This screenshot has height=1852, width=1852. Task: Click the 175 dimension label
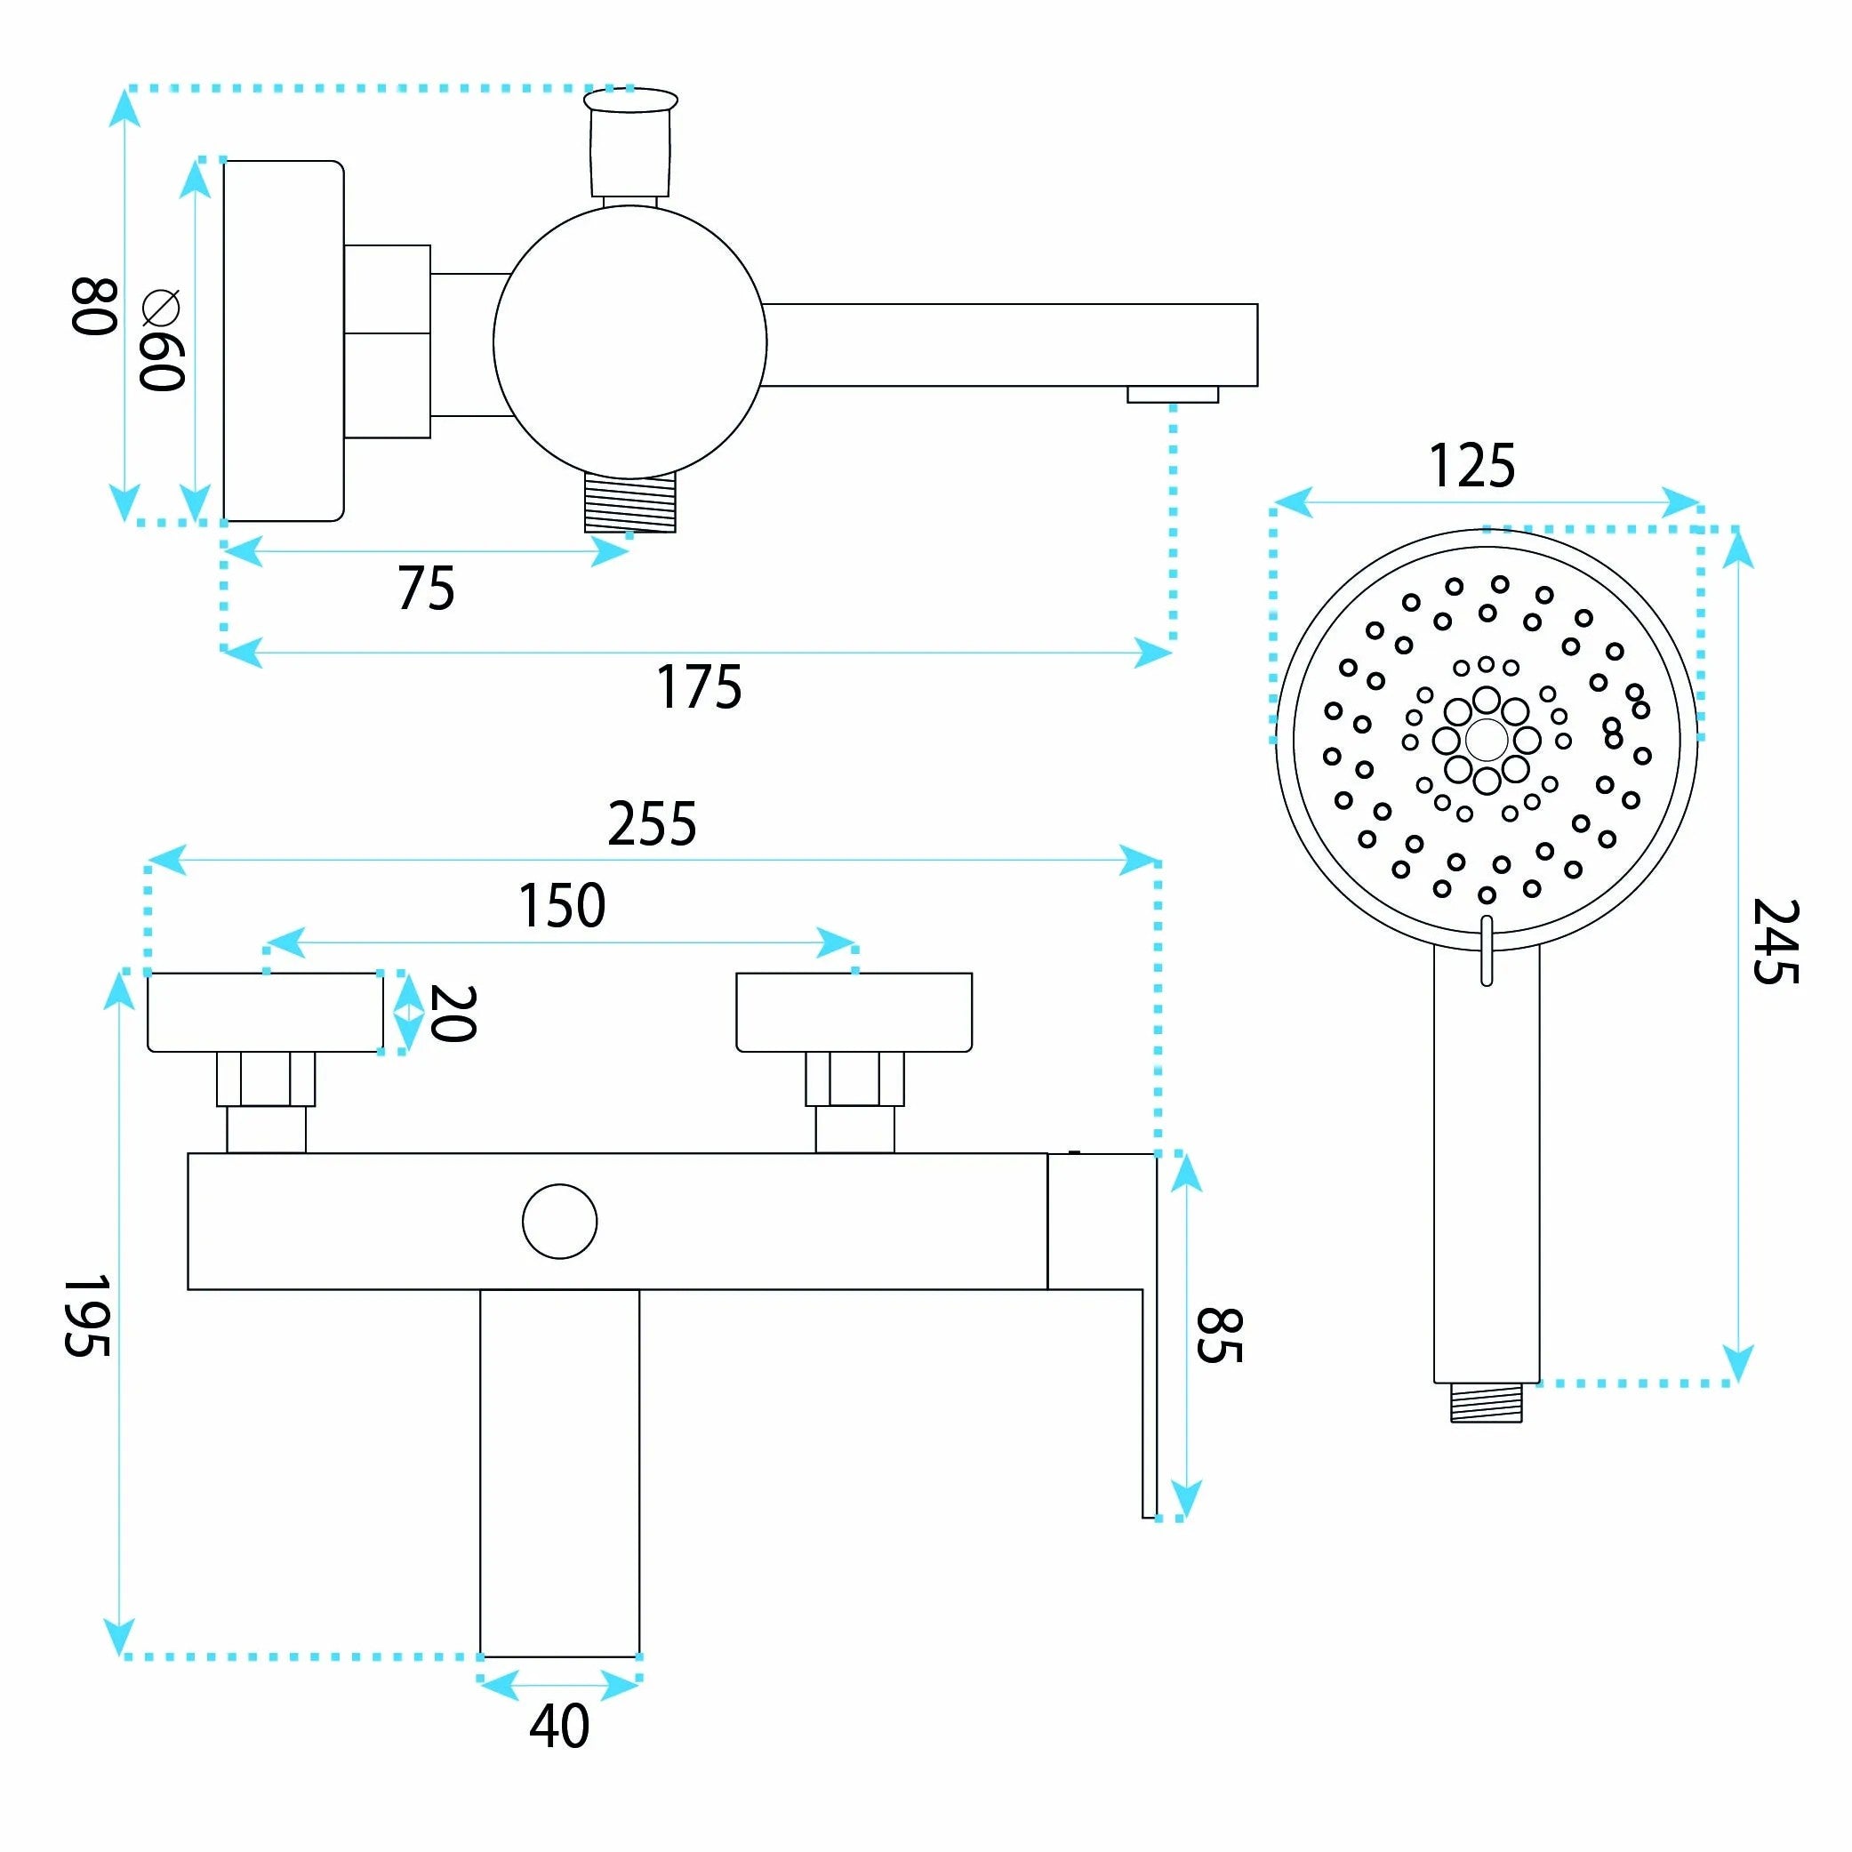click(x=699, y=687)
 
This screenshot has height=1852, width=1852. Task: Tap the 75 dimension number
click(x=427, y=588)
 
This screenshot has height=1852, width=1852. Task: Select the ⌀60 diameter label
click(x=161, y=341)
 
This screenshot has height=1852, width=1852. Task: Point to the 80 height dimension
click(x=94, y=307)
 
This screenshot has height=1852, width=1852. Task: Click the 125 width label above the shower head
click(x=1471, y=466)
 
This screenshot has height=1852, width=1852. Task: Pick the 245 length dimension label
click(x=1776, y=942)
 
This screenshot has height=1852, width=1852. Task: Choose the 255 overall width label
click(x=652, y=823)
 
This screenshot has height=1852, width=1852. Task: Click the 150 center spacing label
click(x=562, y=905)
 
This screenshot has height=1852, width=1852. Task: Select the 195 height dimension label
click(x=86, y=1315)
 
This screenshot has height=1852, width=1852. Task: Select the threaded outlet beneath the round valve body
click(x=629, y=501)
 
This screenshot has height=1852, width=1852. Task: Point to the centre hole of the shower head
click(x=1486, y=740)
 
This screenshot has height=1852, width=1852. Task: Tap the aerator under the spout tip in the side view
click(x=1173, y=394)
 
